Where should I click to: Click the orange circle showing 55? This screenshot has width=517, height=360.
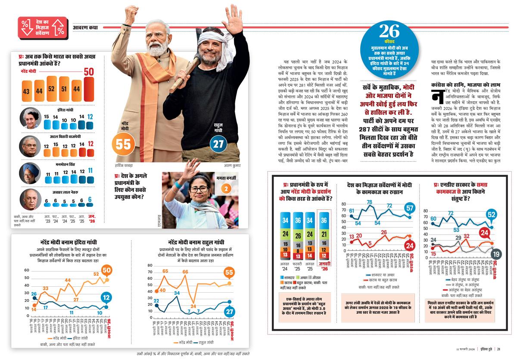[x=123, y=144]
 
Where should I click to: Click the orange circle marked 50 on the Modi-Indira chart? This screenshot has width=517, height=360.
[x=107, y=270]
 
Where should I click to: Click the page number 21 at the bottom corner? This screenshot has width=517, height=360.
[x=498, y=349]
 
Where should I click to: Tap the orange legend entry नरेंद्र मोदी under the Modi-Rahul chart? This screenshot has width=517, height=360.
[x=185, y=343]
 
